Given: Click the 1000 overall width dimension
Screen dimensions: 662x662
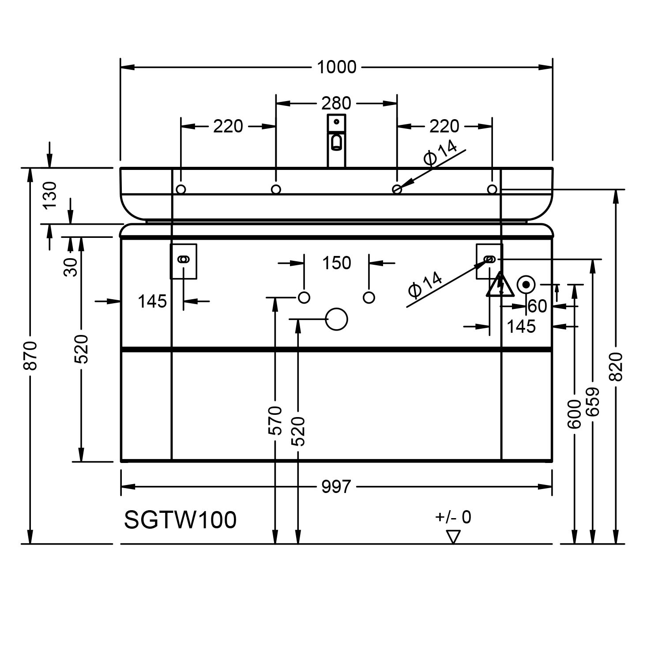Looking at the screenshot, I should point(336,67).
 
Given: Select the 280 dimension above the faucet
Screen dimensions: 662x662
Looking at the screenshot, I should point(336,103).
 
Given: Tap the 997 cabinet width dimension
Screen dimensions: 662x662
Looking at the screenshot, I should point(336,487).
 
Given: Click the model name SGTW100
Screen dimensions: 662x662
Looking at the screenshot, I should point(180,519).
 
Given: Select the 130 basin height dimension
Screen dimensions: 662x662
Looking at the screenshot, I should point(50,195).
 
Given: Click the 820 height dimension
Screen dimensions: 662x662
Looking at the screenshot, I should point(616,366).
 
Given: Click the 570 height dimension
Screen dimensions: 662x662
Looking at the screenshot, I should point(275,421).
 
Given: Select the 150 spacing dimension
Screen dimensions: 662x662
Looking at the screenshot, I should point(336,263).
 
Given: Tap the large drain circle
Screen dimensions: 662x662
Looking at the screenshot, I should point(336,319).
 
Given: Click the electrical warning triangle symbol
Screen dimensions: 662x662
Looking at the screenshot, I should point(500,286).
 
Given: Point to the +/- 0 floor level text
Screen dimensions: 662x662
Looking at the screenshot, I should point(453,517).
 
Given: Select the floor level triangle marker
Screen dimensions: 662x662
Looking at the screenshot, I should point(453,536).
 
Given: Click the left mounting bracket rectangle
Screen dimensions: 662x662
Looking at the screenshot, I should point(184,261).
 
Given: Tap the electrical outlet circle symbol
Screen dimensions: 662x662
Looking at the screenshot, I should point(526,285).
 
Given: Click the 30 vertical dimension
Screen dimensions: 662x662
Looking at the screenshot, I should point(71,267).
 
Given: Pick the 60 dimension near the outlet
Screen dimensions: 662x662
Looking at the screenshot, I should point(537,306).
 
